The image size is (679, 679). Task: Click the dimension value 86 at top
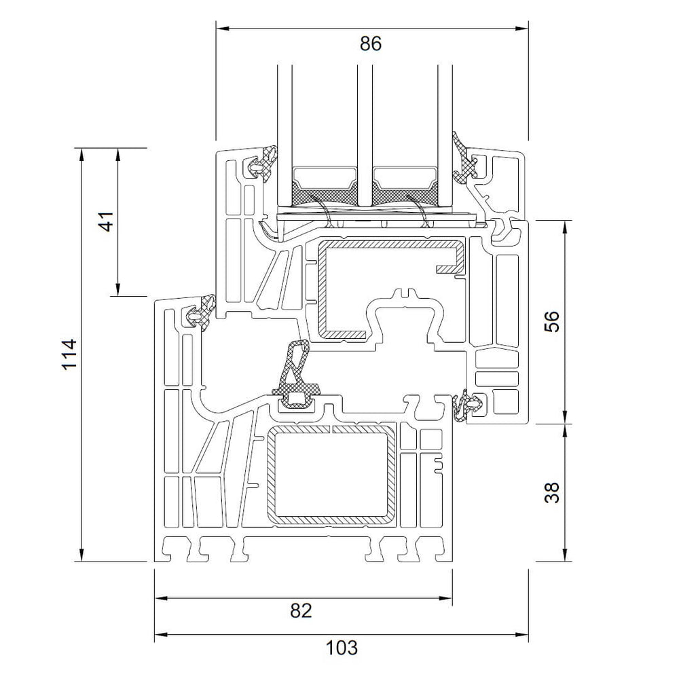(x=371, y=43)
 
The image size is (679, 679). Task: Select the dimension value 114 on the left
(x=70, y=354)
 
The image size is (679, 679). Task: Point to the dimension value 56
(x=553, y=321)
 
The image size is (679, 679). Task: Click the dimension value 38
(x=553, y=492)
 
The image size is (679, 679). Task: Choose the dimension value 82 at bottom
(x=301, y=610)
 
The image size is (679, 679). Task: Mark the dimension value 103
(x=341, y=647)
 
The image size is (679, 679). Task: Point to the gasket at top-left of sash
(x=264, y=162)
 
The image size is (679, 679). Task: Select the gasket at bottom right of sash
(x=467, y=405)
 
